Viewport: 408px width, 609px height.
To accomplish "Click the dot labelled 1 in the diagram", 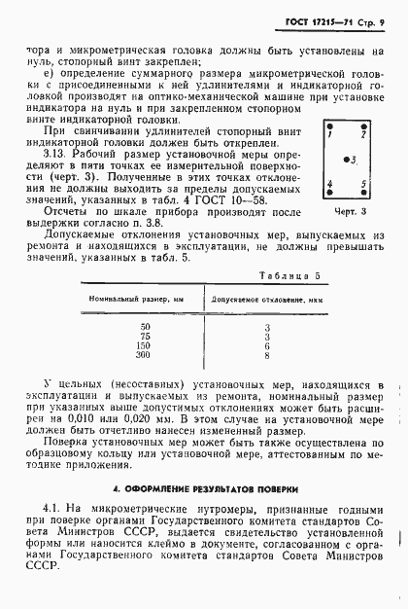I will (x=330, y=127).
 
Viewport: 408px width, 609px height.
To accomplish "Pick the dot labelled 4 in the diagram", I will (x=330, y=187).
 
